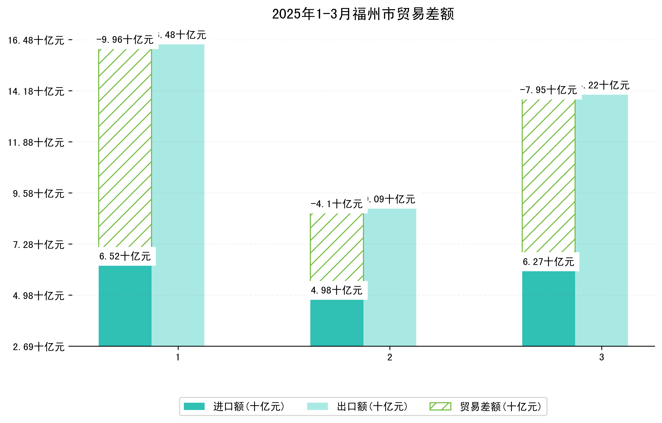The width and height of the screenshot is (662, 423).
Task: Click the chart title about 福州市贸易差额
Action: (363, 14)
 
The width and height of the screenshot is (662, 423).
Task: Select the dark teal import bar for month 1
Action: (125, 306)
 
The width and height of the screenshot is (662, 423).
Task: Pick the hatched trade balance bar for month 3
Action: (548, 176)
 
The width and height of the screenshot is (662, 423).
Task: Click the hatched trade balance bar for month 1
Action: (125, 149)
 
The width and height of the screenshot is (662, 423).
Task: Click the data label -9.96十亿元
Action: (125, 40)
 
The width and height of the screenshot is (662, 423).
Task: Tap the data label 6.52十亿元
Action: (125, 256)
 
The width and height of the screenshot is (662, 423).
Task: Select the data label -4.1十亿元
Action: (336, 204)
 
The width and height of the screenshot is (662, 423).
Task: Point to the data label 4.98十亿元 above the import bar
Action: (336, 291)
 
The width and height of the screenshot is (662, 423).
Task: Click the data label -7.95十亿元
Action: (548, 90)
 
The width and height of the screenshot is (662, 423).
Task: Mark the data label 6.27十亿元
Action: (548, 262)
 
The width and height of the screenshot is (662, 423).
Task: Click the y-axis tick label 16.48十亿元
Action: (36, 41)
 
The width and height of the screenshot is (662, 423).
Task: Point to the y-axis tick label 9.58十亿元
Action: (39, 194)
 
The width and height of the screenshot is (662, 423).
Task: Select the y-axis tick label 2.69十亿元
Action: (39, 347)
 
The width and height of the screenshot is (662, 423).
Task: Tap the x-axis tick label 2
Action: (389, 357)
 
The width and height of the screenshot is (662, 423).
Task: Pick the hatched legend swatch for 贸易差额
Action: (440, 406)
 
